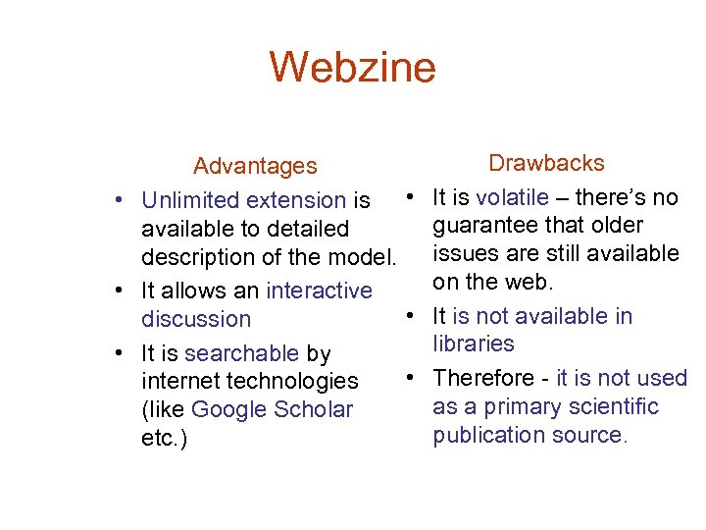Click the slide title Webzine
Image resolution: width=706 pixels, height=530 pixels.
pyautogui.click(x=352, y=68)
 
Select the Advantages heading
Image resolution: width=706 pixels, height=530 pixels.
pyautogui.click(x=255, y=166)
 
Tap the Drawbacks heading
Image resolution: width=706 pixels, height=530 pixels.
pyautogui.click(x=546, y=163)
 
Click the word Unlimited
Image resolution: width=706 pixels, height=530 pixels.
pyautogui.click(x=190, y=200)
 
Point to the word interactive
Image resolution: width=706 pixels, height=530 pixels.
pyautogui.click(x=319, y=291)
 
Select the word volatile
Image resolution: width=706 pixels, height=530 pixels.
pyautogui.click(x=512, y=197)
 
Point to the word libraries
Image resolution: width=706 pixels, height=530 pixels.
pyautogui.click(x=474, y=344)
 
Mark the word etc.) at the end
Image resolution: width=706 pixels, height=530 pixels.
pyautogui.click(x=164, y=438)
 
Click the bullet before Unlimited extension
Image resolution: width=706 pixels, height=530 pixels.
pyautogui.click(x=118, y=200)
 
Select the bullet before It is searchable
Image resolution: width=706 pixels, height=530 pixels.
pyautogui.click(x=118, y=353)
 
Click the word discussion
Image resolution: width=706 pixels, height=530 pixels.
pyautogui.click(x=196, y=319)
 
